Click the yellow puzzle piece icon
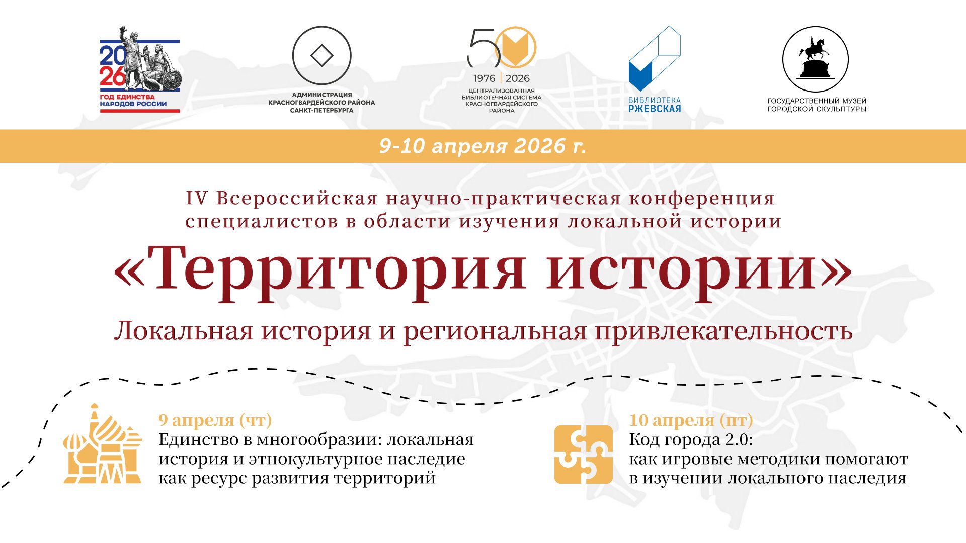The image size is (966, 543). (584, 455)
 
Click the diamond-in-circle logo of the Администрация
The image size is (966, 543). (321, 55)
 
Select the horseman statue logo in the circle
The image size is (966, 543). (815, 59)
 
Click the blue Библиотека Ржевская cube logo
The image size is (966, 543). (654, 59)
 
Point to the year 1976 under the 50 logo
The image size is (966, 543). (484, 78)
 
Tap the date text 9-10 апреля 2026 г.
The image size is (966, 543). (482, 146)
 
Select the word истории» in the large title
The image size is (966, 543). (699, 268)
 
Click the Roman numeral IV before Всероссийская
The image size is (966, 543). (196, 198)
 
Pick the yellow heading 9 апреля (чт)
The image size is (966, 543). (215, 420)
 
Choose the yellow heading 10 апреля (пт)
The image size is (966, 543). (691, 420)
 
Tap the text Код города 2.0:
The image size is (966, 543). (691, 440)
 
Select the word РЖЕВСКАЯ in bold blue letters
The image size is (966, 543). (655, 109)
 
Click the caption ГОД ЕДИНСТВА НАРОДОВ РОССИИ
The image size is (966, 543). (133, 100)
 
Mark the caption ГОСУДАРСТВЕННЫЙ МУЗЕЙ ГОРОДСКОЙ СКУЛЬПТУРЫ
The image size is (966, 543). (817, 105)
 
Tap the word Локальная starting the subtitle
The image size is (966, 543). (184, 332)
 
